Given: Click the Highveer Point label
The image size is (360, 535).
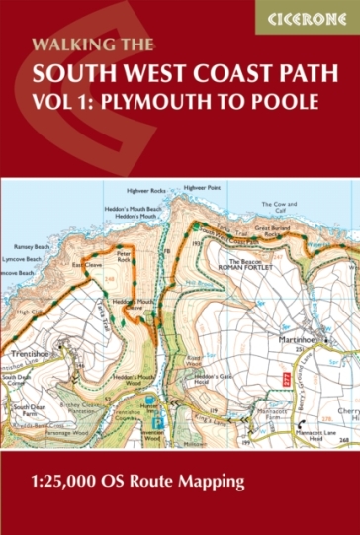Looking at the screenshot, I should [201, 187].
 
